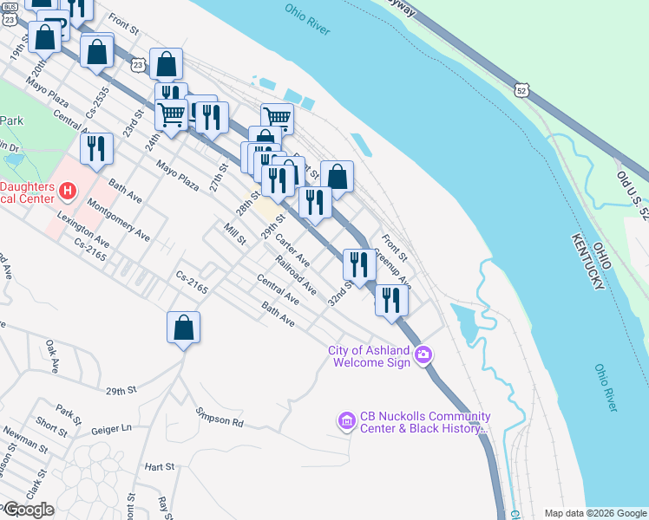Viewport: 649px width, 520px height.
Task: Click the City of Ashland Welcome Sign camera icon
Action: [x=423, y=354]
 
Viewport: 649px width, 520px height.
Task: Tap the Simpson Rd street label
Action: [x=220, y=417]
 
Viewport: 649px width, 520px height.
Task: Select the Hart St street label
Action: [x=160, y=466]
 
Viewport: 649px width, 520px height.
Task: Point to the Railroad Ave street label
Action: [x=295, y=273]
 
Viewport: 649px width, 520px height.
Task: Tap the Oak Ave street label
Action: [x=52, y=356]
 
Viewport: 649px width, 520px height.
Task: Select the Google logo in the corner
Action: [x=28, y=510]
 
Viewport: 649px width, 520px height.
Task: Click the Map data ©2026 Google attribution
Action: [x=595, y=513]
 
